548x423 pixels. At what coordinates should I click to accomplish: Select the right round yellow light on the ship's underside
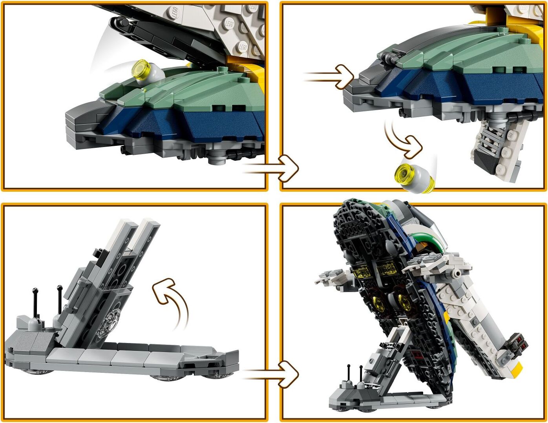click(x=404, y=301)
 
